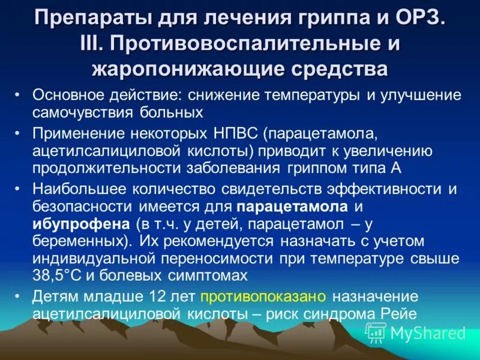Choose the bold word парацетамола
point(292,207)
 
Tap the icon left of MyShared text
point(376,332)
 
